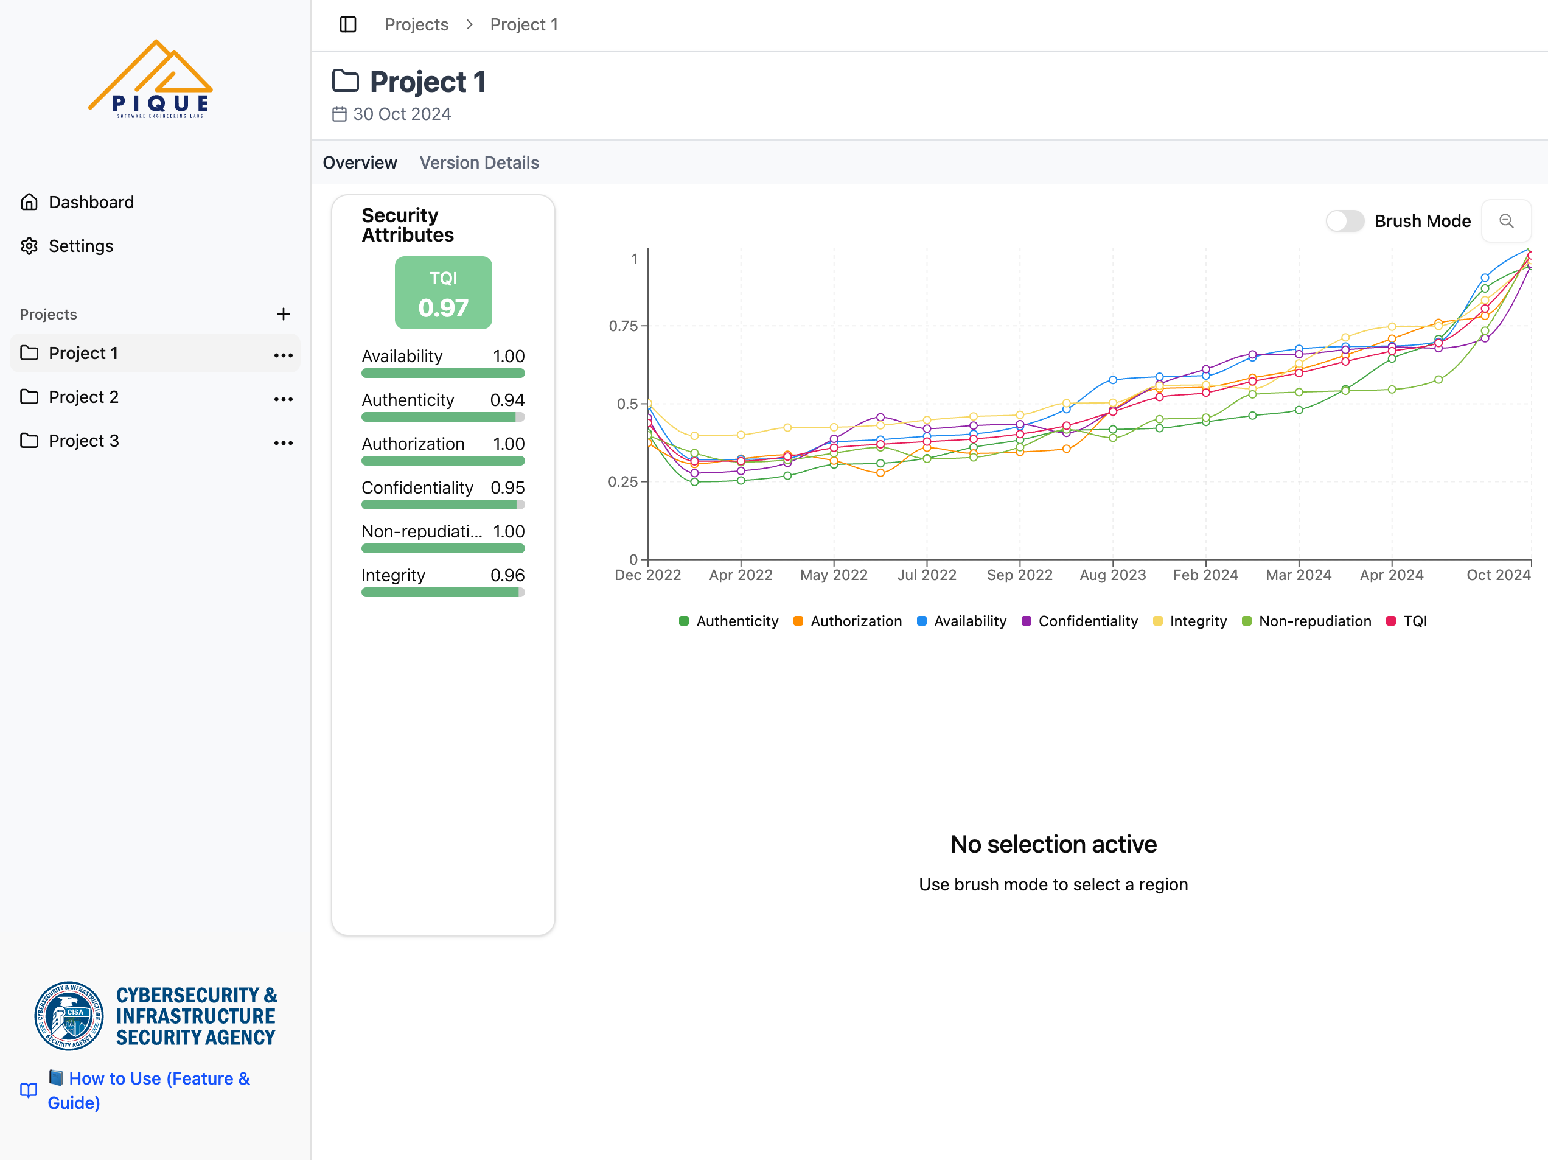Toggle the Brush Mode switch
1344,221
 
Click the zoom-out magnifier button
1506,221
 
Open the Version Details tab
479,162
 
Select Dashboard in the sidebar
91,202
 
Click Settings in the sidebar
80,246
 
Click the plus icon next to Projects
283,314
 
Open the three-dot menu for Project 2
283,399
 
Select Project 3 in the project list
83,441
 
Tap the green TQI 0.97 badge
443,293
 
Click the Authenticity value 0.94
507,400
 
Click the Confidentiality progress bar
442,505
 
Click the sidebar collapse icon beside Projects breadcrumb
348,24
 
